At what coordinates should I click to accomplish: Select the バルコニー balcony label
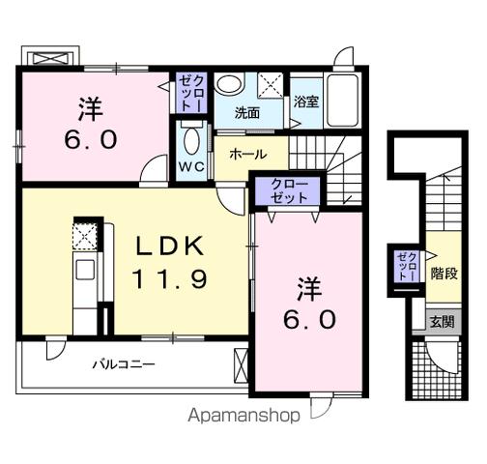point(125,364)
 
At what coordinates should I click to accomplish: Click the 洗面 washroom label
point(248,112)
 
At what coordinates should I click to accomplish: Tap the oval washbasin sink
point(229,85)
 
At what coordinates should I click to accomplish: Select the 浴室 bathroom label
point(306,101)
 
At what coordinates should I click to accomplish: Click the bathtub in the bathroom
point(342,101)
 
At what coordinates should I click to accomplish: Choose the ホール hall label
point(248,155)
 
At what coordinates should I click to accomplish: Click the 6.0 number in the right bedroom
point(309,318)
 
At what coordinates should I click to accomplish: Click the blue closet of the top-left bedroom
point(187,95)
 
